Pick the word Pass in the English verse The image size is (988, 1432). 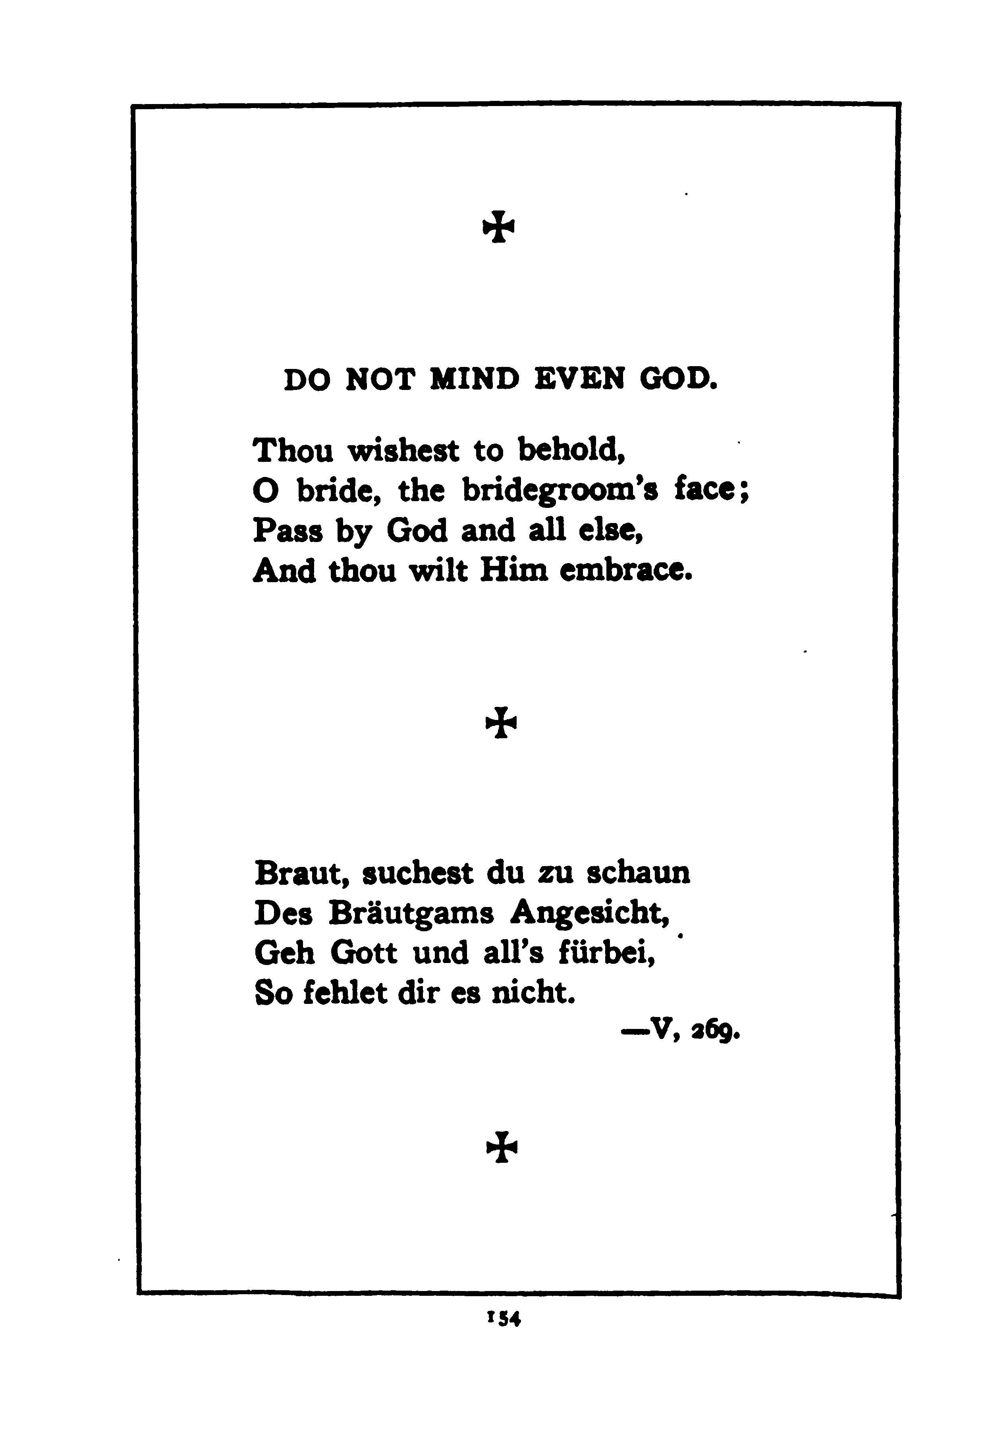pyautogui.click(x=288, y=531)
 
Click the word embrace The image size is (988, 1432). pyautogui.click(x=625, y=571)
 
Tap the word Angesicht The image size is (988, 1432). pyautogui.click(x=590, y=914)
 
